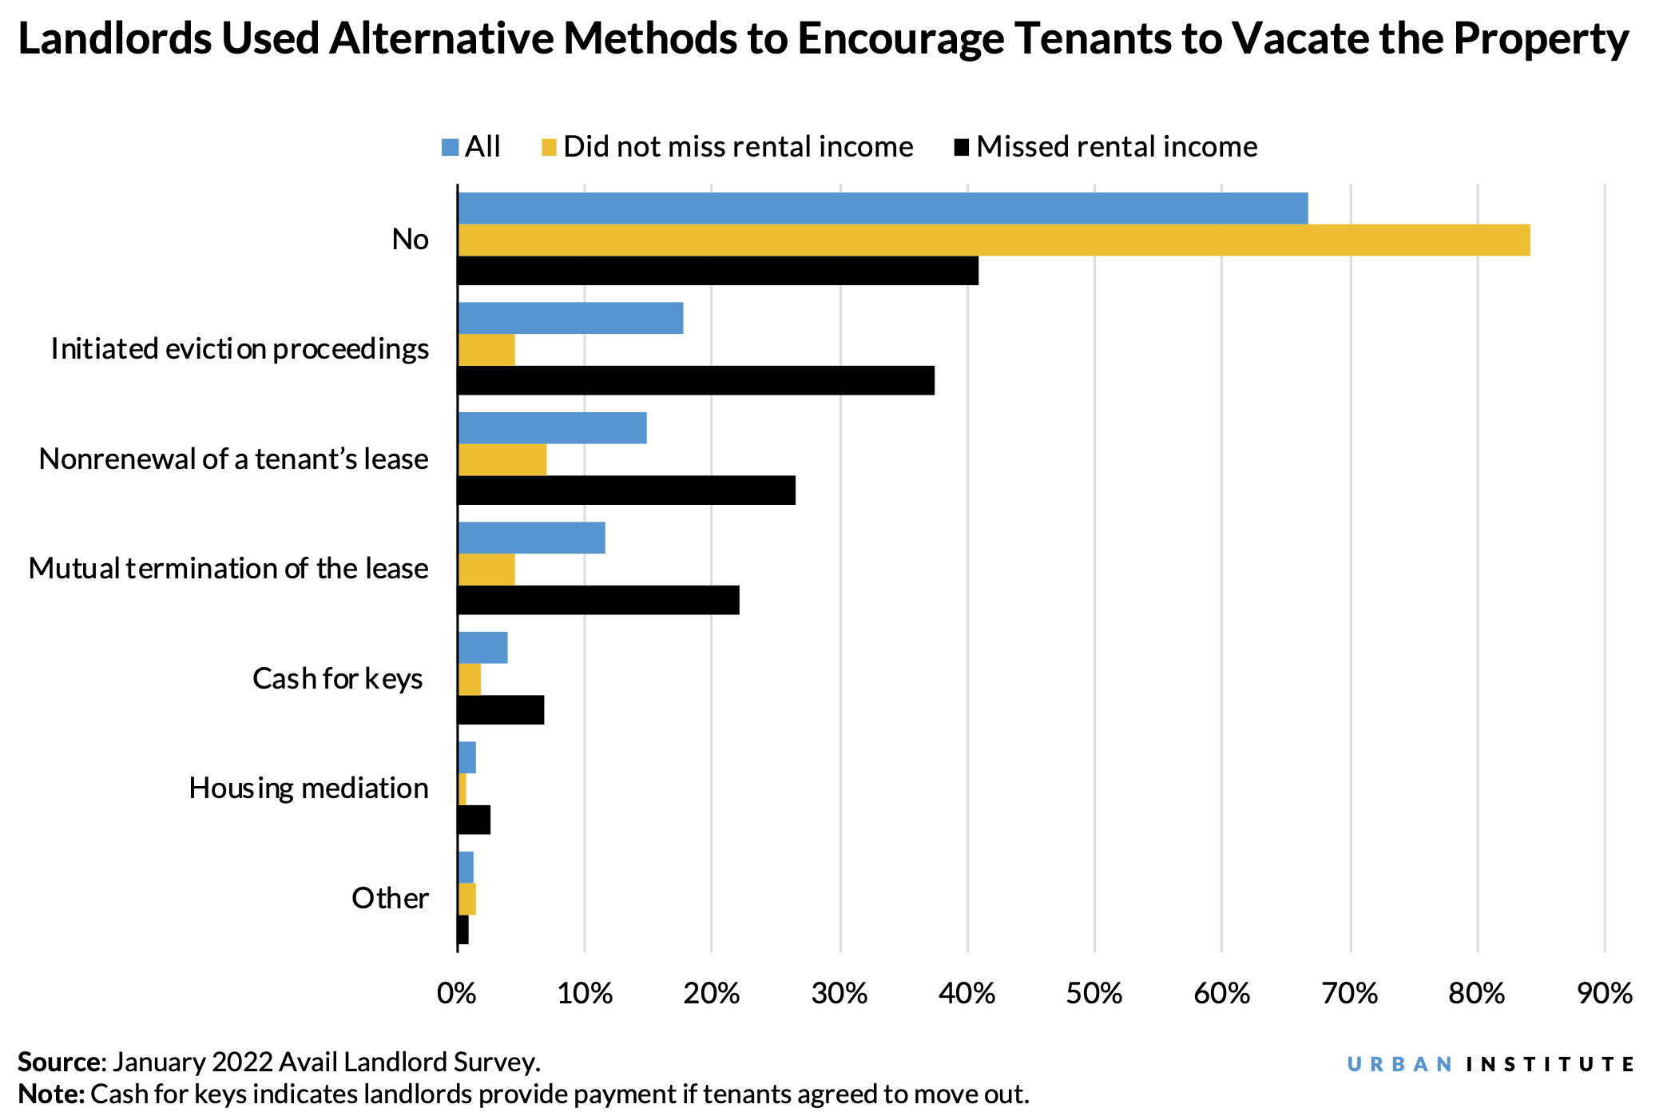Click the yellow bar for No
click(994, 240)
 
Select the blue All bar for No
click(883, 208)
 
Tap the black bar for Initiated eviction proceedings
click(696, 380)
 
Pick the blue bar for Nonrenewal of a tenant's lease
click(552, 428)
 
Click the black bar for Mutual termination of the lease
click(598, 600)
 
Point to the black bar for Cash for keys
click(501, 709)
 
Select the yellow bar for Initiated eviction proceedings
click(486, 350)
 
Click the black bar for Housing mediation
click(474, 820)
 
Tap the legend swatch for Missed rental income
click(962, 147)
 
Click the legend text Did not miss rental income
click(738, 147)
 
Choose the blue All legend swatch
click(450, 147)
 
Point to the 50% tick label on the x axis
click(1094, 993)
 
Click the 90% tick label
click(1604, 993)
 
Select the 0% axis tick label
click(457, 993)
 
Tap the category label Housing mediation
click(308, 788)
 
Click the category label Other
click(390, 898)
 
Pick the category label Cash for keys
click(337, 678)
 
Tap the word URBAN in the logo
click(1399, 1064)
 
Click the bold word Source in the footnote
click(59, 1062)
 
